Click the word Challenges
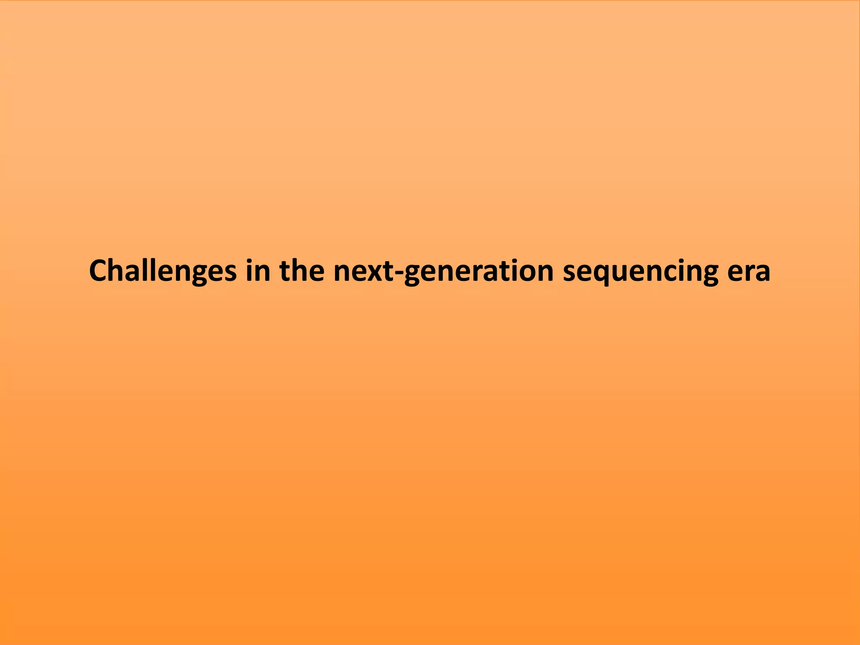coord(163,271)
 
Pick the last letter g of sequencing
coord(710,274)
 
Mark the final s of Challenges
coord(230,272)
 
